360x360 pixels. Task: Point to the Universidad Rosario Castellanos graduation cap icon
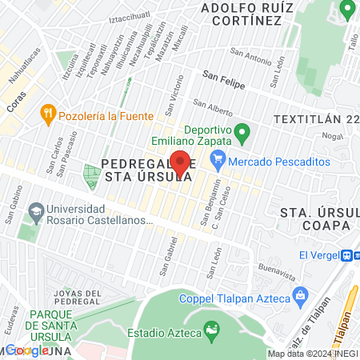34,213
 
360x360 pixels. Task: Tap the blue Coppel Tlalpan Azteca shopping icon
301,298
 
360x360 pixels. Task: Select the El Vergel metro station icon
348,255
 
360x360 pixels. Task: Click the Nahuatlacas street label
23,66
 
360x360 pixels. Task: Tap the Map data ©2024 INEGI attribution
312,354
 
